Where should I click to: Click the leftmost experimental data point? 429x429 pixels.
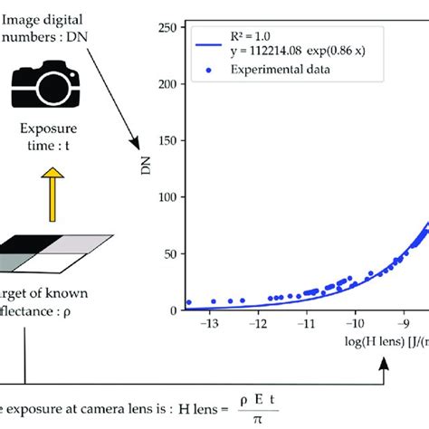[188, 302]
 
